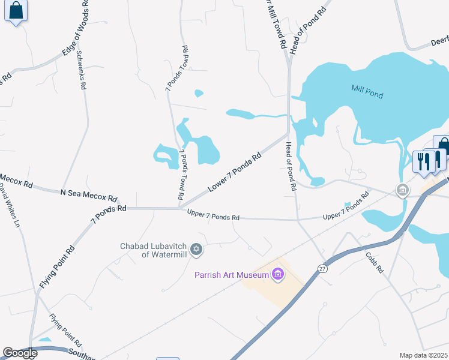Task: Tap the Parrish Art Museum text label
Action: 231,275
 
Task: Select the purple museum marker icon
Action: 277,275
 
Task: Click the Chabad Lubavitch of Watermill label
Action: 154,250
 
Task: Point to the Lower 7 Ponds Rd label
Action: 235,173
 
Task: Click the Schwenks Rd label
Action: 80,69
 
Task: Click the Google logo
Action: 20,353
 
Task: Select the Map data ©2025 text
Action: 424,355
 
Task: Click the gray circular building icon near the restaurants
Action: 403,191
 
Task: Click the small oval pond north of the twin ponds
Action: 199,93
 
